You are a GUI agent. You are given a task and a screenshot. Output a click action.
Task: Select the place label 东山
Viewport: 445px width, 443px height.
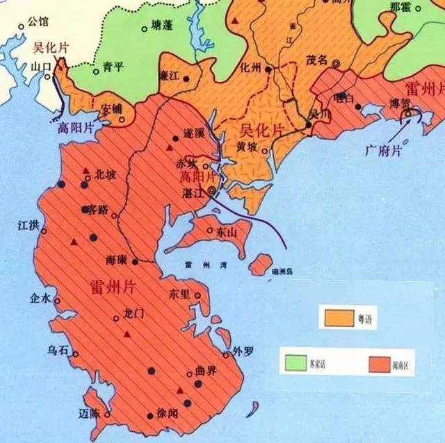click(227, 232)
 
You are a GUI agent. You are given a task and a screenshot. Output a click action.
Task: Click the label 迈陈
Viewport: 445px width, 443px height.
click(90, 412)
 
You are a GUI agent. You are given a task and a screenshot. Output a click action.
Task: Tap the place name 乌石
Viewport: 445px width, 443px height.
click(58, 351)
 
